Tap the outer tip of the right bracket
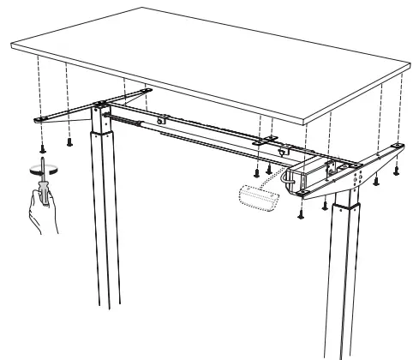click(x=397, y=147)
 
